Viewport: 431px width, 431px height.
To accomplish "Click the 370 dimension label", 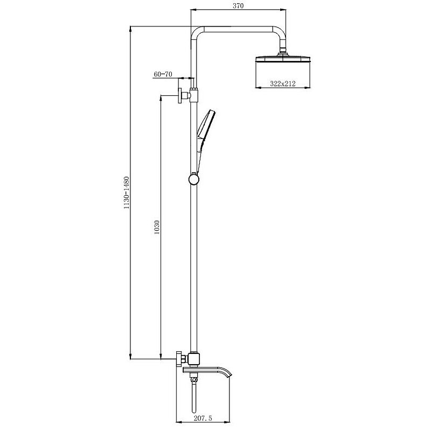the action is pyautogui.click(x=238, y=6).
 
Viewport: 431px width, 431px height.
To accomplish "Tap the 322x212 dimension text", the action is pyautogui.click(x=282, y=84).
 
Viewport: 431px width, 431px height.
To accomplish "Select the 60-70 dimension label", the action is pyautogui.click(x=163, y=74).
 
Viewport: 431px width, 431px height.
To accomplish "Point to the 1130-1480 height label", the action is pyautogui.click(x=127, y=193).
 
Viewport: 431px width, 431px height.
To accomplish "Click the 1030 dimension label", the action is pyautogui.click(x=157, y=227).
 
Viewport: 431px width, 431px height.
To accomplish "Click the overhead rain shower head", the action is pyautogui.click(x=283, y=59).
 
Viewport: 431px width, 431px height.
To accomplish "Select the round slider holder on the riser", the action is pyautogui.click(x=194, y=179).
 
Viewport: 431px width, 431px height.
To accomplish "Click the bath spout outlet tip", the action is pyautogui.click(x=230, y=375).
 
